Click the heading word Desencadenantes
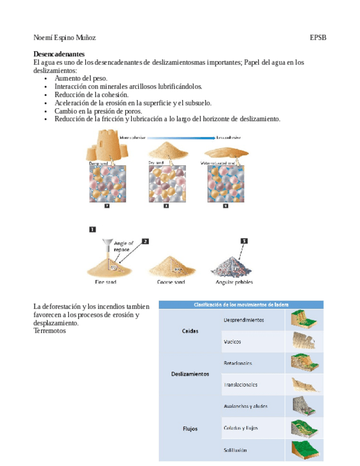(59, 54)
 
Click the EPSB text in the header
(318, 38)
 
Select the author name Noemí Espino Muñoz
(65, 38)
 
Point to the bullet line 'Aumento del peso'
(81, 79)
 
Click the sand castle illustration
(109, 146)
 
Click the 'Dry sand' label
(157, 163)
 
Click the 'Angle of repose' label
(122, 247)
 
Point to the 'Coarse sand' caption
(171, 282)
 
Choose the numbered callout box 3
(244, 240)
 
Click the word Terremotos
(49, 331)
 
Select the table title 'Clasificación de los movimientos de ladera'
(241, 304)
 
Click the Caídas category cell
(190, 331)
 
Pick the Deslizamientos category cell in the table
(190, 374)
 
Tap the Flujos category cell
(190, 428)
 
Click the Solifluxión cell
(235, 450)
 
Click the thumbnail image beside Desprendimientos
(304, 320)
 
